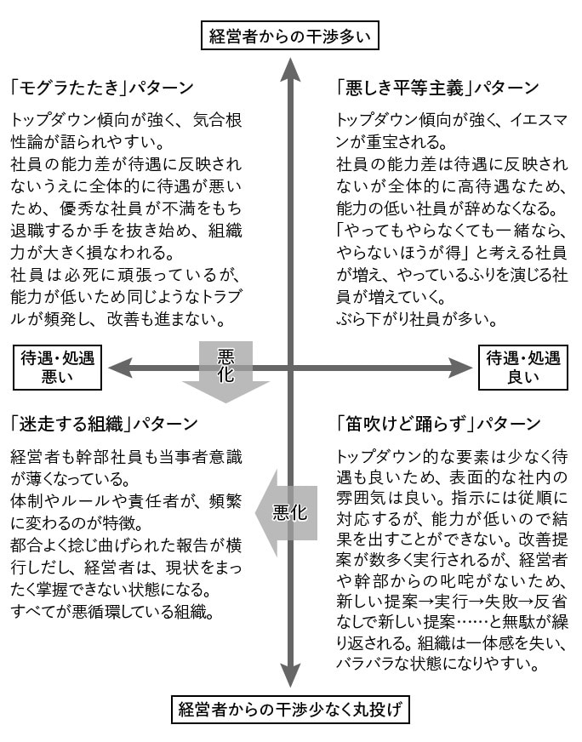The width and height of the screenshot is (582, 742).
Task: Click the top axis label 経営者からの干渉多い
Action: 290,36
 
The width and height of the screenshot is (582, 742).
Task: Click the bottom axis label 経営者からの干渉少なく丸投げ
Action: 290,709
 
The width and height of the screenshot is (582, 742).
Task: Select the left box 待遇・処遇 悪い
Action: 57,368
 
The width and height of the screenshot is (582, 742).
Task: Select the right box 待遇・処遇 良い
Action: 523,368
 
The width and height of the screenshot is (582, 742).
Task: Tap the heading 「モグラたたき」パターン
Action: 102,88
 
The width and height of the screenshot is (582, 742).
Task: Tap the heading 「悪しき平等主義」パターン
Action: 437,88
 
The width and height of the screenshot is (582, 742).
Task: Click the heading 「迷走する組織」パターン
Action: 104,424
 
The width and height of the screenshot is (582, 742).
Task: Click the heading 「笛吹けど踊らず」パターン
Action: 438,424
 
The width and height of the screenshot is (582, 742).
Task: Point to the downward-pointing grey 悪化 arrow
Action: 225,372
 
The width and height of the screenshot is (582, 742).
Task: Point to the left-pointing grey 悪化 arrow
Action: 286,513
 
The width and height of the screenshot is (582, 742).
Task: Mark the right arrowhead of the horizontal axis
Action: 461,368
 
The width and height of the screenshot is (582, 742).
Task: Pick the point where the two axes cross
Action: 290,368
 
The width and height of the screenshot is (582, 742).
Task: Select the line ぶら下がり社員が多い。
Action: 417,319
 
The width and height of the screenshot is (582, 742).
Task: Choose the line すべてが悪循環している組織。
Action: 112,612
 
